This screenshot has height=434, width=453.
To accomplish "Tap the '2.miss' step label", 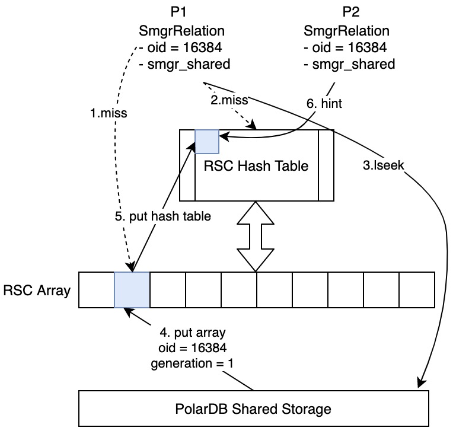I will (x=229, y=101).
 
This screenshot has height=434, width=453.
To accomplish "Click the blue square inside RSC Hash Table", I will (x=207, y=141).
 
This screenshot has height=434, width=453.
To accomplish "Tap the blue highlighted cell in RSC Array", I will (x=132, y=290).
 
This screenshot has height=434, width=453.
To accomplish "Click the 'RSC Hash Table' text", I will (x=257, y=165).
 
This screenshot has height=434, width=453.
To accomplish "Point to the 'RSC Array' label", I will (x=37, y=291).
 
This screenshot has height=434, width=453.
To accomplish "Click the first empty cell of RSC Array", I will (x=96, y=290).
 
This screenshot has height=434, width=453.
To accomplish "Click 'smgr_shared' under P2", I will (x=349, y=64).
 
